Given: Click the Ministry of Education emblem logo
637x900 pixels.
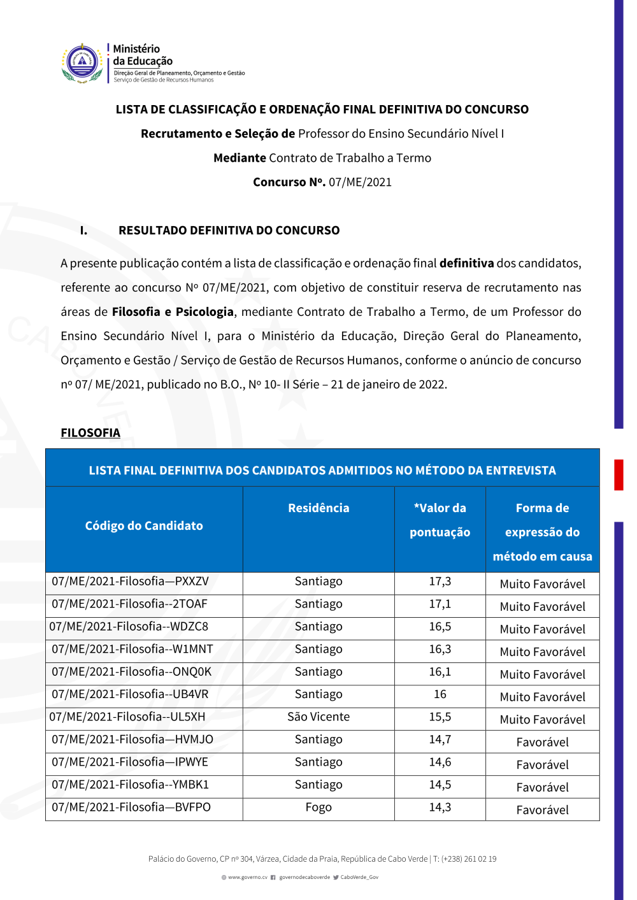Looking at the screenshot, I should click(82, 63).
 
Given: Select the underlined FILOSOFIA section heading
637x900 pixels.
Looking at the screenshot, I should click(90, 433).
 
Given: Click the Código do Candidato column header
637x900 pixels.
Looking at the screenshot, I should click(144, 526).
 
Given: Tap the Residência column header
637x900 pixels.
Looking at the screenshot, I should click(318, 508).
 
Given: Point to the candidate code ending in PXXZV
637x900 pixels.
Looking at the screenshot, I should click(131, 582).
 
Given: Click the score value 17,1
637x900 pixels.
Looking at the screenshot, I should click(440, 604).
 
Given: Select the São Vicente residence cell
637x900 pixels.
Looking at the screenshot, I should click(318, 717).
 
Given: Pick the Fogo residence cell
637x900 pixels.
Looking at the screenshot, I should click(318, 808).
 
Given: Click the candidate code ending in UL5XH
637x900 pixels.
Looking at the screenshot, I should click(127, 717).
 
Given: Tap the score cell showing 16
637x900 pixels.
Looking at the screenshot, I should click(440, 694).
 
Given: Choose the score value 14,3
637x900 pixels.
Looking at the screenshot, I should click(440, 808).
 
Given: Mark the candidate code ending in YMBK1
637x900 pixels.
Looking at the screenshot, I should click(131, 785).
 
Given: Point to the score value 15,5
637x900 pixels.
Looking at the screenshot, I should click(440, 717).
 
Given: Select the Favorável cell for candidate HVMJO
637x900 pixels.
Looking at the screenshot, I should click(543, 743).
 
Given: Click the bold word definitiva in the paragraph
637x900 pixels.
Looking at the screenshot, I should click(467, 264).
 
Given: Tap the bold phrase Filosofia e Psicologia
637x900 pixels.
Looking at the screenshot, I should click(173, 312).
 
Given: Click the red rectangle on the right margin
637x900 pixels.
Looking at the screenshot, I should click(619, 475).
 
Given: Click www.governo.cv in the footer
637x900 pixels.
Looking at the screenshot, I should click(248, 878).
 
